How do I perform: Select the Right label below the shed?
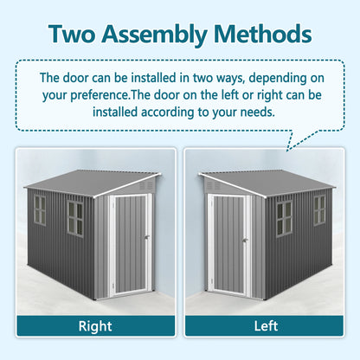point(94,327)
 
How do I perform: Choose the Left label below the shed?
point(266,327)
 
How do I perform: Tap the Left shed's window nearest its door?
point(284,218)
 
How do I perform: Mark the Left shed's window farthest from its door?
point(319,209)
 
